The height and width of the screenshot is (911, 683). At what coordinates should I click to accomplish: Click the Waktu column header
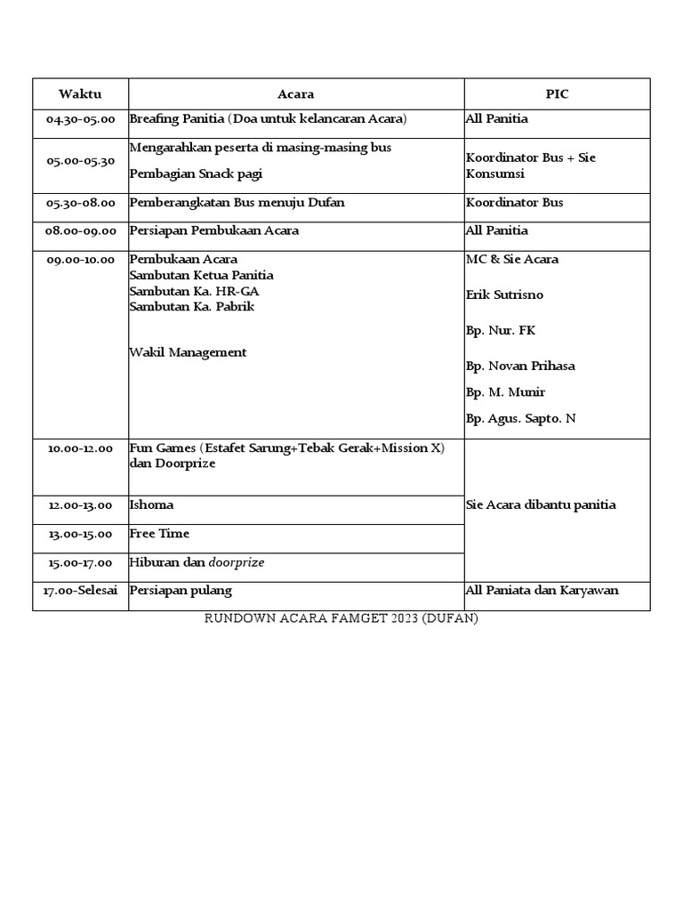(x=80, y=93)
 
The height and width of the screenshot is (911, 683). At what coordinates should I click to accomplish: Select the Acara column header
(x=295, y=93)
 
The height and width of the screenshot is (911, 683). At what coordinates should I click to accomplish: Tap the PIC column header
(x=557, y=93)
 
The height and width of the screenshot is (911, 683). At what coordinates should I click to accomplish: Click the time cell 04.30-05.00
(x=80, y=119)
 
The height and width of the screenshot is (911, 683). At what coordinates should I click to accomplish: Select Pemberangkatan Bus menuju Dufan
(x=237, y=203)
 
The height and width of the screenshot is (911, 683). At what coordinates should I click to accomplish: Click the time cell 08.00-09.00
(x=80, y=231)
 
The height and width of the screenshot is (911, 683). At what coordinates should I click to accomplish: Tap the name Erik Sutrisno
(x=504, y=294)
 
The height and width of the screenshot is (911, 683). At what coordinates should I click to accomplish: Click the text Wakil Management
(x=188, y=352)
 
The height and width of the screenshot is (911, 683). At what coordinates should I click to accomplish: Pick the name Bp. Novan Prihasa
(x=520, y=366)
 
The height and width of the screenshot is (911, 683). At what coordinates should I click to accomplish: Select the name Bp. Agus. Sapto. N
(x=520, y=418)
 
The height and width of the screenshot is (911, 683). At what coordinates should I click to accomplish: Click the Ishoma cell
(x=152, y=505)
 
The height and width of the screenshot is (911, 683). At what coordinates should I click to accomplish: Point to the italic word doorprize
(x=237, y=562)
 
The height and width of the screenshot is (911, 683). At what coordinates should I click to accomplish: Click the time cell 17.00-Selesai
(x=80, y=591)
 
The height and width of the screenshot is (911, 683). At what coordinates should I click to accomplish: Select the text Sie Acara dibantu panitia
(x=541, y=505)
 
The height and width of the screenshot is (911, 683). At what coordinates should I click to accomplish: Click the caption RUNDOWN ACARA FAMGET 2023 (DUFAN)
(x=341, y=618)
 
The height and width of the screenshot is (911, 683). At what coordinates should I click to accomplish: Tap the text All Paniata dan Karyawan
(x=542, y=591)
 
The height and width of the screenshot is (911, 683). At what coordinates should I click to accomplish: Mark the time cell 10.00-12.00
(x=80, y=448)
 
